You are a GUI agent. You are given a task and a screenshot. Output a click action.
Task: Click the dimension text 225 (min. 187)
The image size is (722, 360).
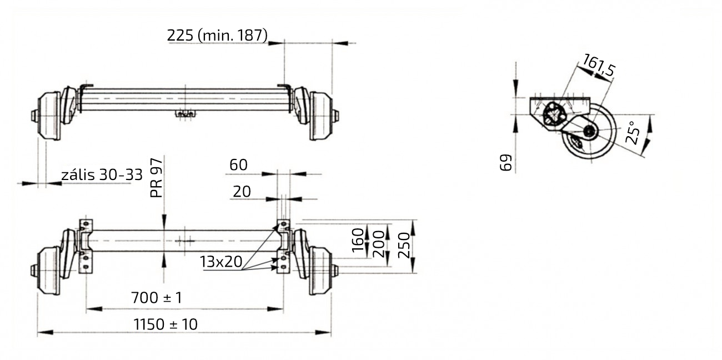coord(217,35)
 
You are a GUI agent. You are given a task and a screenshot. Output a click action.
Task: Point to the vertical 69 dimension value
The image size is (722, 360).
coord(506,163)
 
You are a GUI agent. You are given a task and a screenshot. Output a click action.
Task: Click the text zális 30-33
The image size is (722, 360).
coord(102,175)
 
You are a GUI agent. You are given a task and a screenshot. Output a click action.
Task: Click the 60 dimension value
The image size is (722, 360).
coord(238,165)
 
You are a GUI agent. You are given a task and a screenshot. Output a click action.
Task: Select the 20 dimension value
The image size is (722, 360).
coord(242,192)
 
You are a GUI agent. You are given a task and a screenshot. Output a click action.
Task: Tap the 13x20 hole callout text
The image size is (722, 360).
coord(221,262)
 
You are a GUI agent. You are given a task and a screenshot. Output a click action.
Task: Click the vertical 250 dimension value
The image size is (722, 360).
coord(405,245)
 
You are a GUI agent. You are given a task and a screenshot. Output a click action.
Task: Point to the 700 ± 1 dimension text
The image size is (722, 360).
coord(156,298)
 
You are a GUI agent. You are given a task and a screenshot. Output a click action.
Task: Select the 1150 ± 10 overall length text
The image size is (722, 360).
coord(166,324)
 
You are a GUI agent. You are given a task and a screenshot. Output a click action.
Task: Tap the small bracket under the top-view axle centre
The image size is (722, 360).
coord(184,114)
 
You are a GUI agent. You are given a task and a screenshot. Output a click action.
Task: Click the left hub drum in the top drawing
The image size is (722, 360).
coord(48,116)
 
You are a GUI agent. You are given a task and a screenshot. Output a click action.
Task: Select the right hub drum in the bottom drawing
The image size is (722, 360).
coord(321,271)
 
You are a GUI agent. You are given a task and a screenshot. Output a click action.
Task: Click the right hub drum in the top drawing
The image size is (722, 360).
coord(321,116)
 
